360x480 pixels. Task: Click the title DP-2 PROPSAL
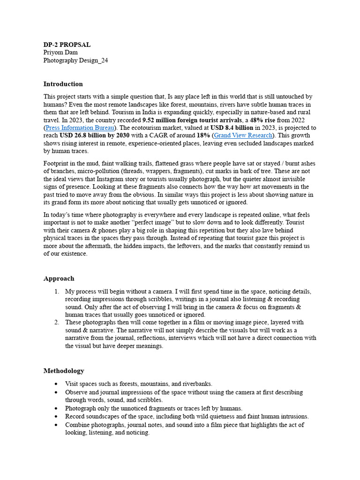point(67,45)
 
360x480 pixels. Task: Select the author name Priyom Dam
point(60,52)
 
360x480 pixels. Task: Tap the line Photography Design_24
point(75,60)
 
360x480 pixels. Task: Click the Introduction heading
point(63,84)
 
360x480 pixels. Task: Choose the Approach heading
point(59,278)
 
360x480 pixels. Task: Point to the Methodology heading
point(64,371)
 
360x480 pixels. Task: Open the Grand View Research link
point(243,135)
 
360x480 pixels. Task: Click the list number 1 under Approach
point(56,292)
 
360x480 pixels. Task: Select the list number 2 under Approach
point(56,322)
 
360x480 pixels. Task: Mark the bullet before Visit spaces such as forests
point(56,384)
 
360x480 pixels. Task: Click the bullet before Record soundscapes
point(56,416)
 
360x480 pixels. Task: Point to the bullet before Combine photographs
point(56,425)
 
